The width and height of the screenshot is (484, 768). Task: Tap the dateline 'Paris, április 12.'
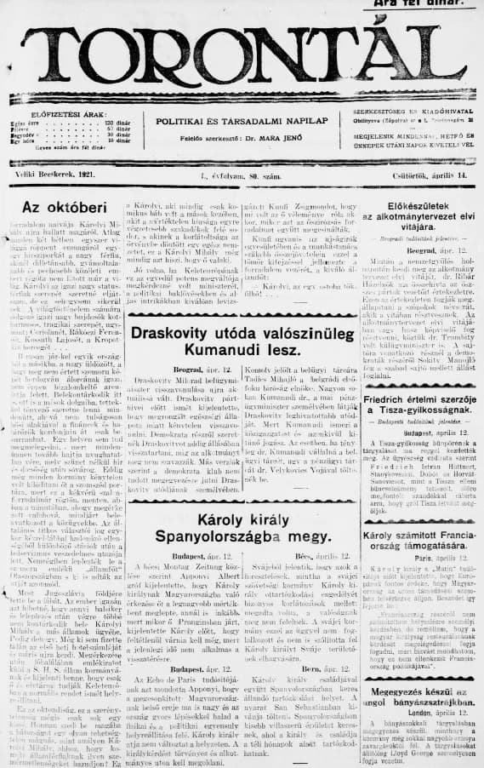420,559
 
